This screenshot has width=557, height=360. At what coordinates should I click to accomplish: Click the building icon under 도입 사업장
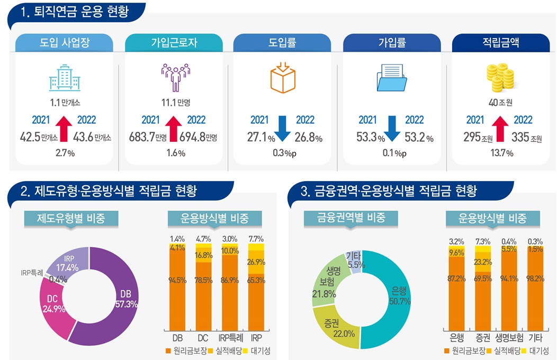coord(64,79)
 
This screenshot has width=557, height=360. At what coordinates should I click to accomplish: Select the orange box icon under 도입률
coord(283,78)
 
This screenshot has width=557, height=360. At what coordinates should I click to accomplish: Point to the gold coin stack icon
coord(500,78)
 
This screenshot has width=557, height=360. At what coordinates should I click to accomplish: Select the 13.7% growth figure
coord(501,154)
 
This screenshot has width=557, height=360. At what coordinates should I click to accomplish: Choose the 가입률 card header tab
coord(392,43)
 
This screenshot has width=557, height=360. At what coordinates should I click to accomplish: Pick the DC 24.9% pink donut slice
coord(53,305)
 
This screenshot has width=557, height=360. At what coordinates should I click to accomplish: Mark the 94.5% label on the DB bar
coord(177,280)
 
